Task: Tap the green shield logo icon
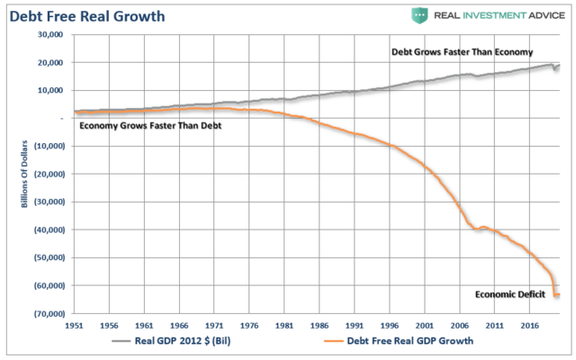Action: (420, 14)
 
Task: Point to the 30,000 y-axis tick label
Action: (48, 34)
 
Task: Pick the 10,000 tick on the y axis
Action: (48, 90)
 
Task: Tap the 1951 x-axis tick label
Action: (76, 324)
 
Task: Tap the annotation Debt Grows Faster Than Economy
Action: (462, 52)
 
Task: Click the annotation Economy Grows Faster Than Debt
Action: (150, 125)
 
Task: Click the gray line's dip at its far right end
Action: (555, 70)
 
